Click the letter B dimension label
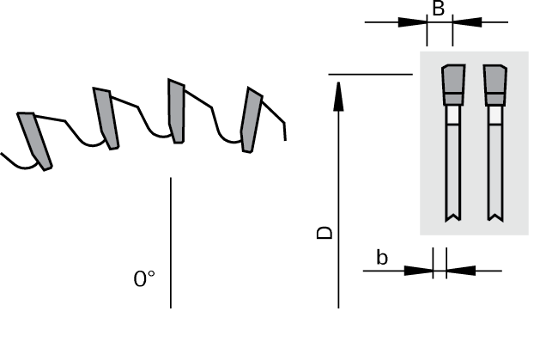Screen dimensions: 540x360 click(438, 9)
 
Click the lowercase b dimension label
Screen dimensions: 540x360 click(382, 258)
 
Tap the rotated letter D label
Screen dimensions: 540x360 click(325, 233)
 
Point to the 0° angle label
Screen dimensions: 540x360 click(144, 278)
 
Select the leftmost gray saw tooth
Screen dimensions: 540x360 click(34, 141)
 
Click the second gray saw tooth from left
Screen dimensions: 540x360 click(106, 119)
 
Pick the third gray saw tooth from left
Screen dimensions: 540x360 click(176, 111)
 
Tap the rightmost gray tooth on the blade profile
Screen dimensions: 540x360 click(251, 120)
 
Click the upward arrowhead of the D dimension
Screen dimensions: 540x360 click(338, 96)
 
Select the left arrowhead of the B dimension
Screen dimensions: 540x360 click(413, 22)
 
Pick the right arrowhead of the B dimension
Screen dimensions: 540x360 click(467, 22)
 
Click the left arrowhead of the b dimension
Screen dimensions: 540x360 click(418, 271)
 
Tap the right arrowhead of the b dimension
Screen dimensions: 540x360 click(461, 271)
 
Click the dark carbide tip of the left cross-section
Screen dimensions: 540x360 click(453, 85)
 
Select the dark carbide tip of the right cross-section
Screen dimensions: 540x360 click(495, 85)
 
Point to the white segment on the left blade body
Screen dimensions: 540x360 click(453, 115)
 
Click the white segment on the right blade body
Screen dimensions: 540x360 click(495, 115)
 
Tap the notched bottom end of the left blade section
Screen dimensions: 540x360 click(453, 217)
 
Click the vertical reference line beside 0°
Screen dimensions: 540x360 click(171, 243)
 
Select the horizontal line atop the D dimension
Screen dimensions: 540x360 click(371, 74)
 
